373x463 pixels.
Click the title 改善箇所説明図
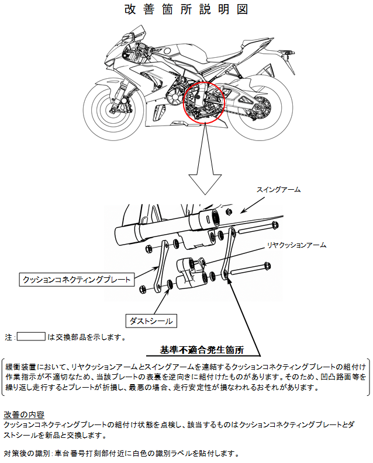click(x=186, y=9)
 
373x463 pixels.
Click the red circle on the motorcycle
click(x=203, y=102)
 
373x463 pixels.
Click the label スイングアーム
click(x=278, y=190)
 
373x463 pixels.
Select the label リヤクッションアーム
click(x=296, y=245)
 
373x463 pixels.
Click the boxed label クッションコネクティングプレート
click(x=77, y=279)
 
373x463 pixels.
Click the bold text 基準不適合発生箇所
click(x=202, y=350)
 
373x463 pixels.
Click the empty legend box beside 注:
click(x=32, y=336)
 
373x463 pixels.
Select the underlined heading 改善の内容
click(x=24, y=414)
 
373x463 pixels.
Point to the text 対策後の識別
click(x=27, y=453)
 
